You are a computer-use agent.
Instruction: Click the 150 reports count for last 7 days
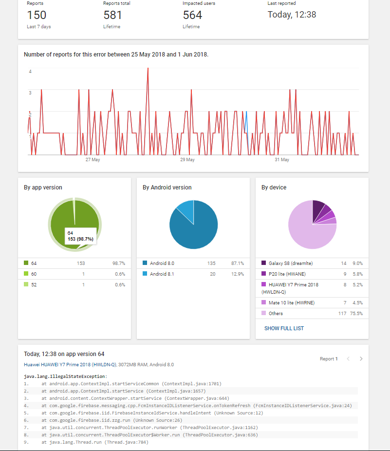click(x=37, y=15)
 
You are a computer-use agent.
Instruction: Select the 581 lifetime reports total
click(x=112, y=15)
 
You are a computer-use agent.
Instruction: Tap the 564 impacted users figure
click(x=192, y=15)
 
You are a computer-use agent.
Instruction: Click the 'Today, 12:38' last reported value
click(x=292, y=15)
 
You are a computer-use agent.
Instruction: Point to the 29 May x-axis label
click(x=187, y=160)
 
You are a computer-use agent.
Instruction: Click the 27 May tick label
click(x=93, y=160)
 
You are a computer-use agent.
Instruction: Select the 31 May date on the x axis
click(x=282, y=160)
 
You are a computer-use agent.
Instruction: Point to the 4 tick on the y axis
click(x=30, y=72)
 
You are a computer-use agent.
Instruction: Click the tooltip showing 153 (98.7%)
click(x=80, y=237)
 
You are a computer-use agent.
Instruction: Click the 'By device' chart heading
click(x=274, y=188)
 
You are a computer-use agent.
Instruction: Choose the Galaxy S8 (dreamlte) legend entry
click(x=290, y=263)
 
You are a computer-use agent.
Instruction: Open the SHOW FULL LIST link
click(x=284, y=329)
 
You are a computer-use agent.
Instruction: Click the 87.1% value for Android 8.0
click(x=238, y=263)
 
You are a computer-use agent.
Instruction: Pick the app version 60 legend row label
click(x=34, y=274)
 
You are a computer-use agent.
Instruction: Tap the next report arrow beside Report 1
click(x=361, y=359)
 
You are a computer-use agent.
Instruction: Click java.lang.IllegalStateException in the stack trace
click(x=65, y=376)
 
